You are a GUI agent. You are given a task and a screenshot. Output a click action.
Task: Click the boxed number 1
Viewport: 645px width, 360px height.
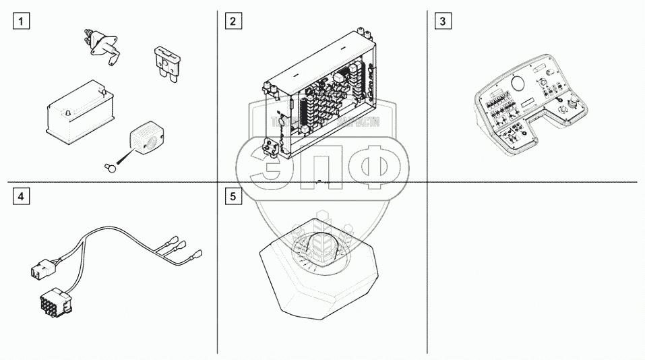tap(23, 21)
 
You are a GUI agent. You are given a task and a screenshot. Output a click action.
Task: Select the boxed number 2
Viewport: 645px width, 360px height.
tap(233, 21)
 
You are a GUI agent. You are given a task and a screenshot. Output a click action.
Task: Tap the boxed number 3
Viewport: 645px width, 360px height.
tap(442, 21)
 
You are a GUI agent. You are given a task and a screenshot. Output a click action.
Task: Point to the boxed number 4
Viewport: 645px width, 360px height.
tap(23, 197)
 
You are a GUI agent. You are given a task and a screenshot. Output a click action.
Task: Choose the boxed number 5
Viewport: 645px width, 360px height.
tap(233, 197)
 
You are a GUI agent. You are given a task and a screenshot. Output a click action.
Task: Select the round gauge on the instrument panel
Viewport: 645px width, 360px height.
tap(519, 84)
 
